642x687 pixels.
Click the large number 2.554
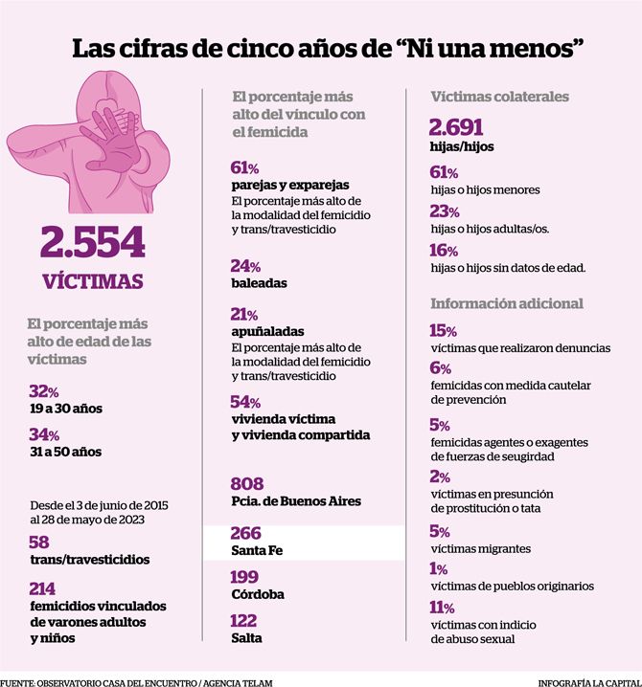click(x=93, y=242)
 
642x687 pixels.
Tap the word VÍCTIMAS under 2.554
click(x=93, y=281)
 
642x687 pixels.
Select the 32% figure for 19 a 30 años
click(x=44, y=390)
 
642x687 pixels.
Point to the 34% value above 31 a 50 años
click(x=44, y=434)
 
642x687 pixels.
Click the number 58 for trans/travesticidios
click(x=39, y=542)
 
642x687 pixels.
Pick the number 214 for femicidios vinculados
click(x=42, y=588)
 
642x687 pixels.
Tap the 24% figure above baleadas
click(x=245, y=265)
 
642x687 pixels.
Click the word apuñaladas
click(x=267, y=331)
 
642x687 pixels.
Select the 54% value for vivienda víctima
click(x=245, y=401)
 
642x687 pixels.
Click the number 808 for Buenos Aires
click(x=247, y=484)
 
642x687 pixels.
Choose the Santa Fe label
click(x=257, y=550)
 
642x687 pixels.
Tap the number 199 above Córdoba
click(x=244, y=577)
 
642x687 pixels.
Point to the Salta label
click(x=246, y=638)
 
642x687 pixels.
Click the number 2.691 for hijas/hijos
click(x=456, y=127)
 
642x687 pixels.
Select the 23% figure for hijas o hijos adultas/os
click(x=444, y=211)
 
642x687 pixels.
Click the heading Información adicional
click(x=507, y=303)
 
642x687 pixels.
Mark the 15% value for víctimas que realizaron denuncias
click(x=443, y=330)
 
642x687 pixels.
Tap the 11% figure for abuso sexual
click(x=442, y=608)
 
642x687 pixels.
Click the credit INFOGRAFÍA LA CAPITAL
click(x=590, y=682)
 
